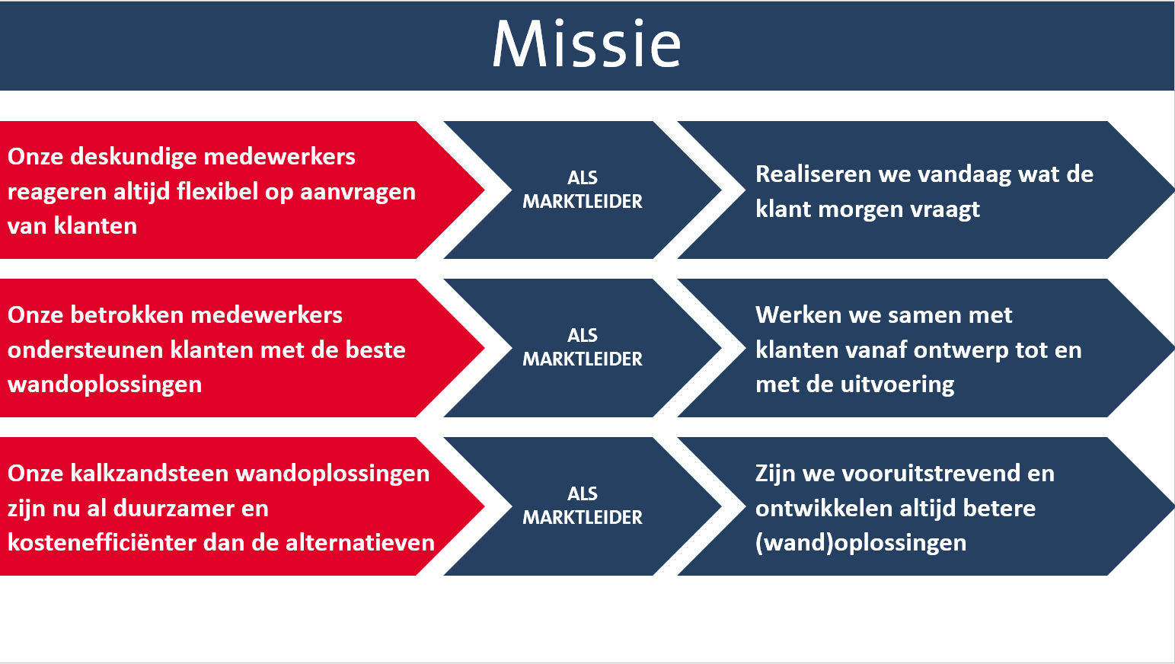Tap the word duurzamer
click(191, 509)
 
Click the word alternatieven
click(360, 543)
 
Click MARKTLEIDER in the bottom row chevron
click(583, 518)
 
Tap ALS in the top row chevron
click(583, 178)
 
